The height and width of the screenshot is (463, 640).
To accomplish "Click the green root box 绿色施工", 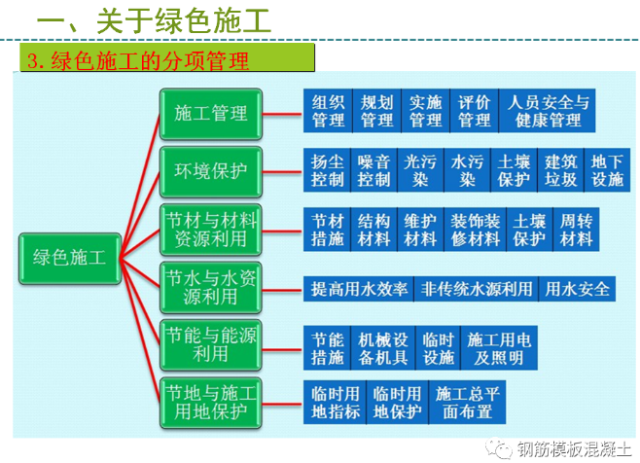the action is point(70,259).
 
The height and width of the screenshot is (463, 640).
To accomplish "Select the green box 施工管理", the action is point(211,114).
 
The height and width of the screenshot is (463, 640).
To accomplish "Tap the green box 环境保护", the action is point(211,171).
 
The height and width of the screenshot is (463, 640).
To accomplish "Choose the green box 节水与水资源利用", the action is point(211,288).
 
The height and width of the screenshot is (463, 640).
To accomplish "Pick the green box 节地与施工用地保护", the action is point(211,403).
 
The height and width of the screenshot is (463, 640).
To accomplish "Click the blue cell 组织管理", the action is point(328,111).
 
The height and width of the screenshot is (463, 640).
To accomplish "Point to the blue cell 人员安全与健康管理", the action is point(548,111).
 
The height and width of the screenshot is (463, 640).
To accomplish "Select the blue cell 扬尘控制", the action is point(327,170).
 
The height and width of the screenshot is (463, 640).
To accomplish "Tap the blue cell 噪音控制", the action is point(373,170).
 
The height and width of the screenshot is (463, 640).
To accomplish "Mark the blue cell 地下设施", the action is point(607,170).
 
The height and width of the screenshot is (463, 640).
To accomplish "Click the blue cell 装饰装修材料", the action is point(476,230).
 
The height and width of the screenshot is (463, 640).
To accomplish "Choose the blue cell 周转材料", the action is point(576,230).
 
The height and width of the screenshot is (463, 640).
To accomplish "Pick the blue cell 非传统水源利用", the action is point(477,289).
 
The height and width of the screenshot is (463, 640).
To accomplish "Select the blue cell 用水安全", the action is point(577,289).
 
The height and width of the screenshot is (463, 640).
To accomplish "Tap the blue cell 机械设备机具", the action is point(383,348).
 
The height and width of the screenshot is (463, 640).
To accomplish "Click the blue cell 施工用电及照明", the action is point(499,348).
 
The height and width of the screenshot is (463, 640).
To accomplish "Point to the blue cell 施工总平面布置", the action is point(467,403).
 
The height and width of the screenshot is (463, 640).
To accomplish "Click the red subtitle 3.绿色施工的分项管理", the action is point(138,60).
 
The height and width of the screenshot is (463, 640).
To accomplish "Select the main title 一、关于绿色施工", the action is point(154,20).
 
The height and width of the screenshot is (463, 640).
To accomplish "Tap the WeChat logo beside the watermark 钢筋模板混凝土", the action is point(499,449).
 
